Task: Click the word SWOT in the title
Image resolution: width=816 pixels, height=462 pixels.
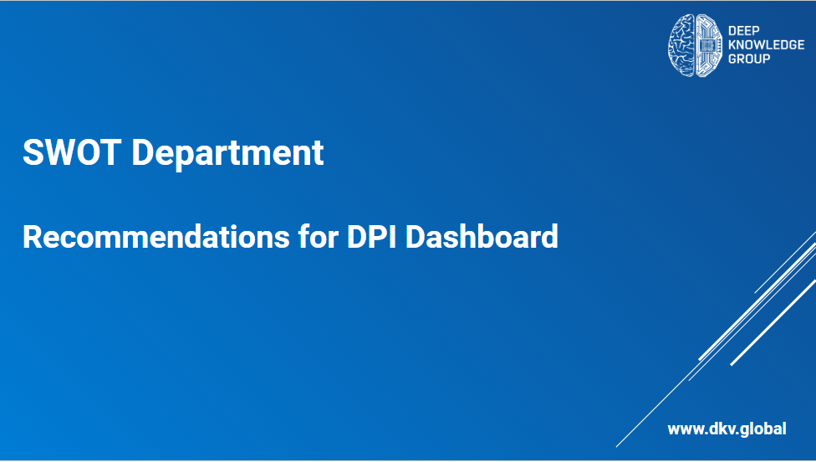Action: pos(72,152)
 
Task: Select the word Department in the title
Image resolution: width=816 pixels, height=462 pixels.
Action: pos(228,152)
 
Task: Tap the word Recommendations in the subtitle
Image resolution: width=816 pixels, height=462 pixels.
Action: pos(156,237)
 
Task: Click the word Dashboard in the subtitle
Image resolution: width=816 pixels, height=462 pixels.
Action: pos(482,237)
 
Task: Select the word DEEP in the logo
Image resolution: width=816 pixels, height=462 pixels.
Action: pos(743,31)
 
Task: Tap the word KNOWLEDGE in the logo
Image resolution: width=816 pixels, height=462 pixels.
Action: pos(766,45)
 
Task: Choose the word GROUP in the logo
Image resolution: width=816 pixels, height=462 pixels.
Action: pos(749,59)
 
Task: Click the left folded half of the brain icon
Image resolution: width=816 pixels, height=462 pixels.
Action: pos(681,46)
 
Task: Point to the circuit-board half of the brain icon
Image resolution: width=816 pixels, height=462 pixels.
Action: pos(709,46)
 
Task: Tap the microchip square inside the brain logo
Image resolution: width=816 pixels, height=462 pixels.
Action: pos(706,46)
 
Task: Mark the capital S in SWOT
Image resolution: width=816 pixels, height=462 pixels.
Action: pos(33,152)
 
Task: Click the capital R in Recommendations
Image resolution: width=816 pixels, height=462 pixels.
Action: pos(33,237)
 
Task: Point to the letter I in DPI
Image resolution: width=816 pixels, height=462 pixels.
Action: pos(393,237)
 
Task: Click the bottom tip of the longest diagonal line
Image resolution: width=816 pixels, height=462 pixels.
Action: pos(617,447)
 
